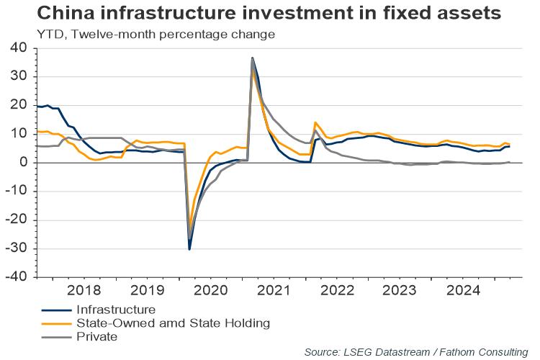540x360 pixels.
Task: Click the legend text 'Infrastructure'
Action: tap(115, 310)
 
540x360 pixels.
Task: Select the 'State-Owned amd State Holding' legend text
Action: tap(173, 323)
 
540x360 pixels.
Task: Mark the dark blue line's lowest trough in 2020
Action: tap(189, 249)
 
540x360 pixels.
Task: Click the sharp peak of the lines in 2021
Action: tap(252, 58)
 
